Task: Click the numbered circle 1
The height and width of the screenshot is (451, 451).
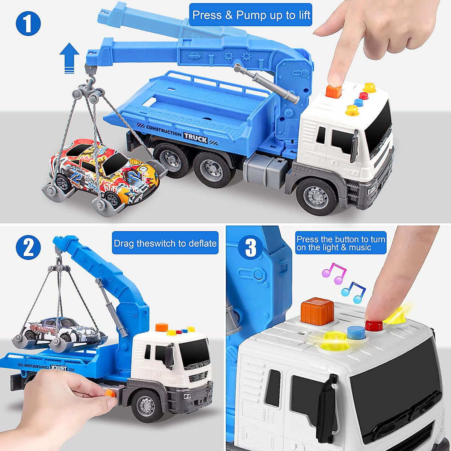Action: coord(28,23)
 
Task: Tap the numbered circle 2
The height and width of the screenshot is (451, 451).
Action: coord(28,247)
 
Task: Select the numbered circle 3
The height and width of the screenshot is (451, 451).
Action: coord(250,247)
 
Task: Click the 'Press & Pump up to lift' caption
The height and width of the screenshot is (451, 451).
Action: coord(251,15)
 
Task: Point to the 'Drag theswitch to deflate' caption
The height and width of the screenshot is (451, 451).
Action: coord(165,243)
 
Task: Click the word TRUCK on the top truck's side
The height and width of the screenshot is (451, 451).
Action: coord(195,138)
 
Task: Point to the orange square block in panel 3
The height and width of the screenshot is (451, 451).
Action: coord(317,310)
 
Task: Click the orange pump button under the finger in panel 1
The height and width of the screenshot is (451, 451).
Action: coord(333,91)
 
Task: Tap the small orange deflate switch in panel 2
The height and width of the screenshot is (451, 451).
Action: coord(109,393)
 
